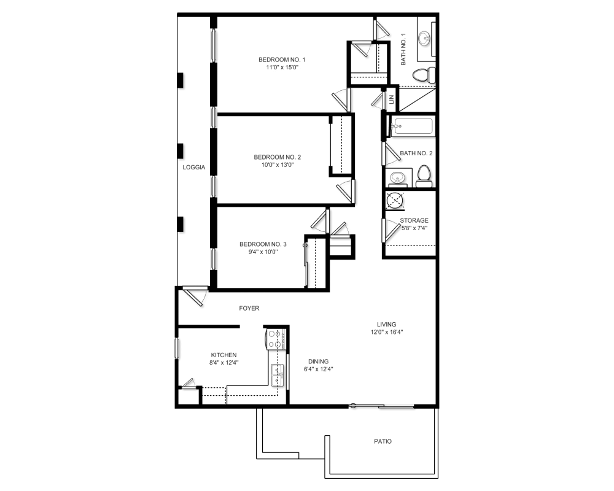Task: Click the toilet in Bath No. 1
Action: (x=422, y=75)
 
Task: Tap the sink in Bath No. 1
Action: (x=426, y=39)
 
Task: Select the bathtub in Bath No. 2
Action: (x=413, y=126)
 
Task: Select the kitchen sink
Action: (x=278, y=374)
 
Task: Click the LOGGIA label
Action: (x=193, y=167)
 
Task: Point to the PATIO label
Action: (x=383, y=441)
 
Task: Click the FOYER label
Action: (x=249, y=309)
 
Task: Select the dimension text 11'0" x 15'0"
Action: (x=282, y=68)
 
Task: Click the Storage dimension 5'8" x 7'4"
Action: (x=414, y=228)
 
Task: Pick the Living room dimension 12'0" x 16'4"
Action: (x=386, y=332)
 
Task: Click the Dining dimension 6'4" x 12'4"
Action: (x=319, y=369)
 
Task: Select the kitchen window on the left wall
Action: (x=177, y=349)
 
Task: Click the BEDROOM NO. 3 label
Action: (x=263, y=244)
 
